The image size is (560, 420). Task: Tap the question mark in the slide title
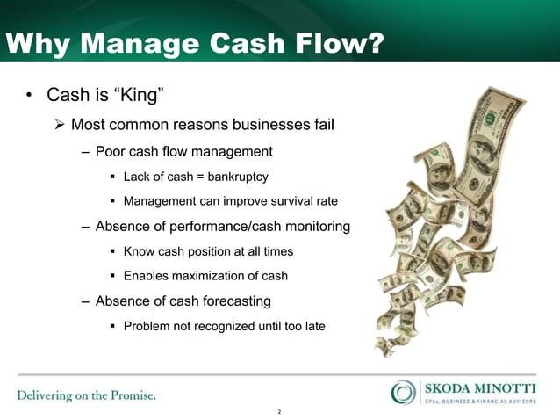tap(374, 41)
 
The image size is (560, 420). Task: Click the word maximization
tap(212, 276)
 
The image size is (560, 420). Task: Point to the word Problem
tap(147, 326)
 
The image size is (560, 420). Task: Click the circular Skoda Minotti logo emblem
tap(404, 392)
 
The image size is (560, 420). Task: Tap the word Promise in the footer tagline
tap(133, 395)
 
